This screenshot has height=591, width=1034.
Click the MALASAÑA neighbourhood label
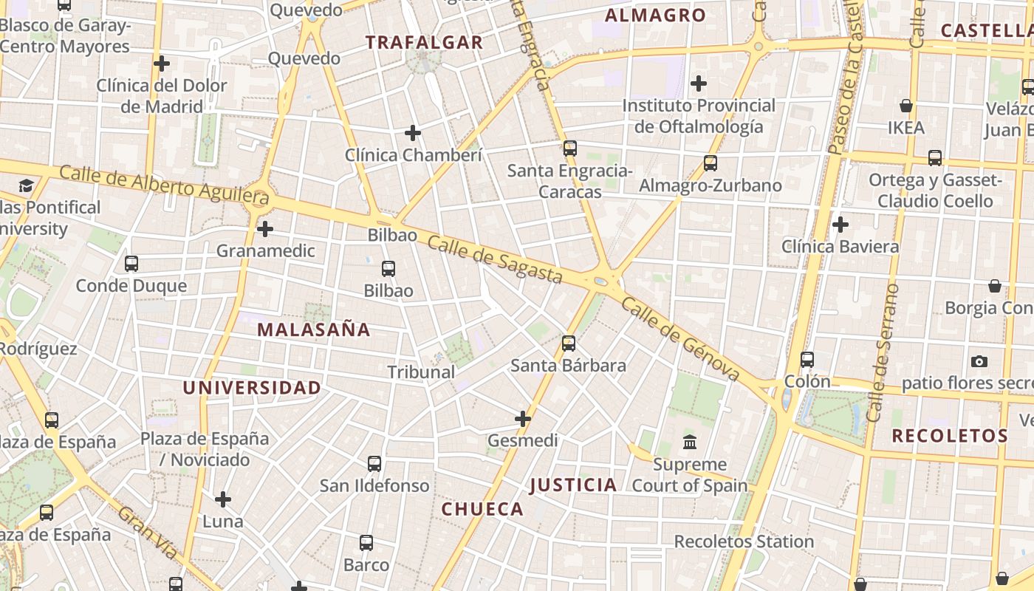coord(313,329)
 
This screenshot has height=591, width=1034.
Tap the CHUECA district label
coord(482,509)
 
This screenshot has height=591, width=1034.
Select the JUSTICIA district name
coord(573,485)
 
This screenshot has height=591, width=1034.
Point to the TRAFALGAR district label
coord(424,42)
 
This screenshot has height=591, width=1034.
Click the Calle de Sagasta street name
coord(495,259)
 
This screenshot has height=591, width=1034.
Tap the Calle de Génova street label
coord(680,339)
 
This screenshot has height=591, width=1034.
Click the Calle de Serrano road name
coord(885,353)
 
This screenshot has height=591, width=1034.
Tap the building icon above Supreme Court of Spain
coord(690,443)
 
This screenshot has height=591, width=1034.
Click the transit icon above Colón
coord(807,360)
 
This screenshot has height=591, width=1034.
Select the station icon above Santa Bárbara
coord(568,343)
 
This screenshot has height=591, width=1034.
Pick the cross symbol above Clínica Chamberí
coord(413,133)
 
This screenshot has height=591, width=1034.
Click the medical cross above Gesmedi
coord(523,419)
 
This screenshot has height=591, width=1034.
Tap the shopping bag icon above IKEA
coord(906,106)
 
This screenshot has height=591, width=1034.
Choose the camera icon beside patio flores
coord(979,361)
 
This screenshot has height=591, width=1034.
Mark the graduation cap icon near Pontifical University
coord(27,185)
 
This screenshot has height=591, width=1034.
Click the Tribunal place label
coord(421,372)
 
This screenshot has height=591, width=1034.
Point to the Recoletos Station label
coord(744,542)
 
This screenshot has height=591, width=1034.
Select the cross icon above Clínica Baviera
coord(840,224)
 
